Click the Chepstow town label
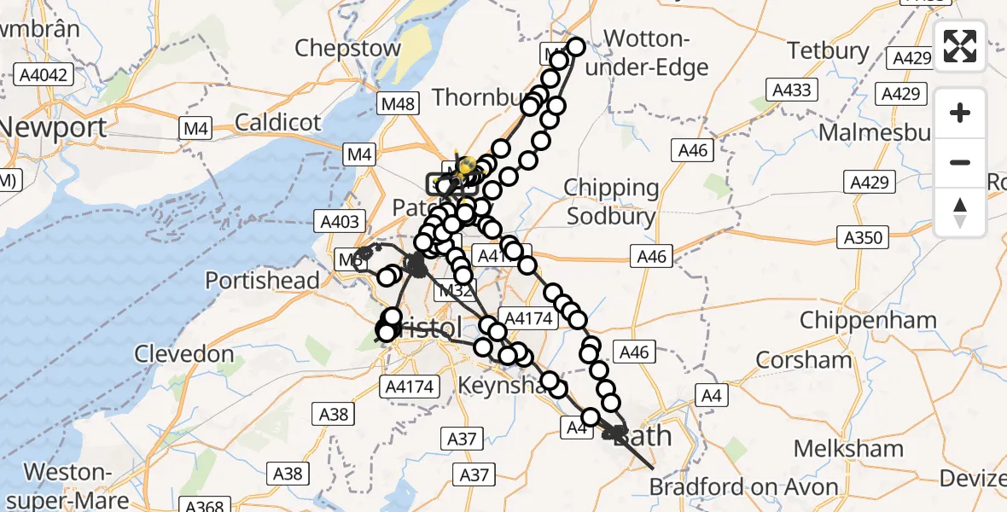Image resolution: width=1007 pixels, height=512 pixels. (x=341, y=48)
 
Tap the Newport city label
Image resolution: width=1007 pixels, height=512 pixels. (x=53, y=128)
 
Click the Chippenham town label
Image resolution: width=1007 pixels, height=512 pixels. (x=867, y=322)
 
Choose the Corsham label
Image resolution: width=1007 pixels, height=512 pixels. (x=804, y=359)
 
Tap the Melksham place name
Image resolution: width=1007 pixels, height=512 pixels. (x=848, y=448)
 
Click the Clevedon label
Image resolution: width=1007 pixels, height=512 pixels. (x=183, y=353)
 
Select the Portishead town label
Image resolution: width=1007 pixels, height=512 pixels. (x=263, y=280)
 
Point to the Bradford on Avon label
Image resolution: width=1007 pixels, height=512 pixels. (x=743, y=487)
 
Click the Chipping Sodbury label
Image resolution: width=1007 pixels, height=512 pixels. (x=611, y=201)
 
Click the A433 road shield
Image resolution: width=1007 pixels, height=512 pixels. (x=791, y=89)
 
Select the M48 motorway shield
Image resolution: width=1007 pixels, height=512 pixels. (x=399, y=104)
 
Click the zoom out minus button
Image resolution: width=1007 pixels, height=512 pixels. (x=960, y=162)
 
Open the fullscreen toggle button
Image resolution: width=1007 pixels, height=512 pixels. (x=960, y=46)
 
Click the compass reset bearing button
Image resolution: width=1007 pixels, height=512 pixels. (x=960, y=212)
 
